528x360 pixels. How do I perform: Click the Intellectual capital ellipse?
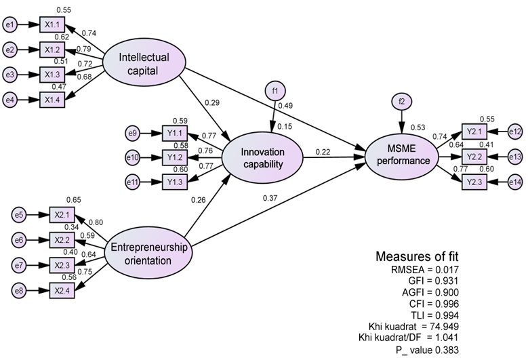(144, 62)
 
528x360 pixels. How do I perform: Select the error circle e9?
(132, 133)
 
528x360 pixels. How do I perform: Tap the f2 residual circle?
(402, 102)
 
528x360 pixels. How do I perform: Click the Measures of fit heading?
(418, 257)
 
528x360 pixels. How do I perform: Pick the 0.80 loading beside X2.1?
(96, 222)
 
